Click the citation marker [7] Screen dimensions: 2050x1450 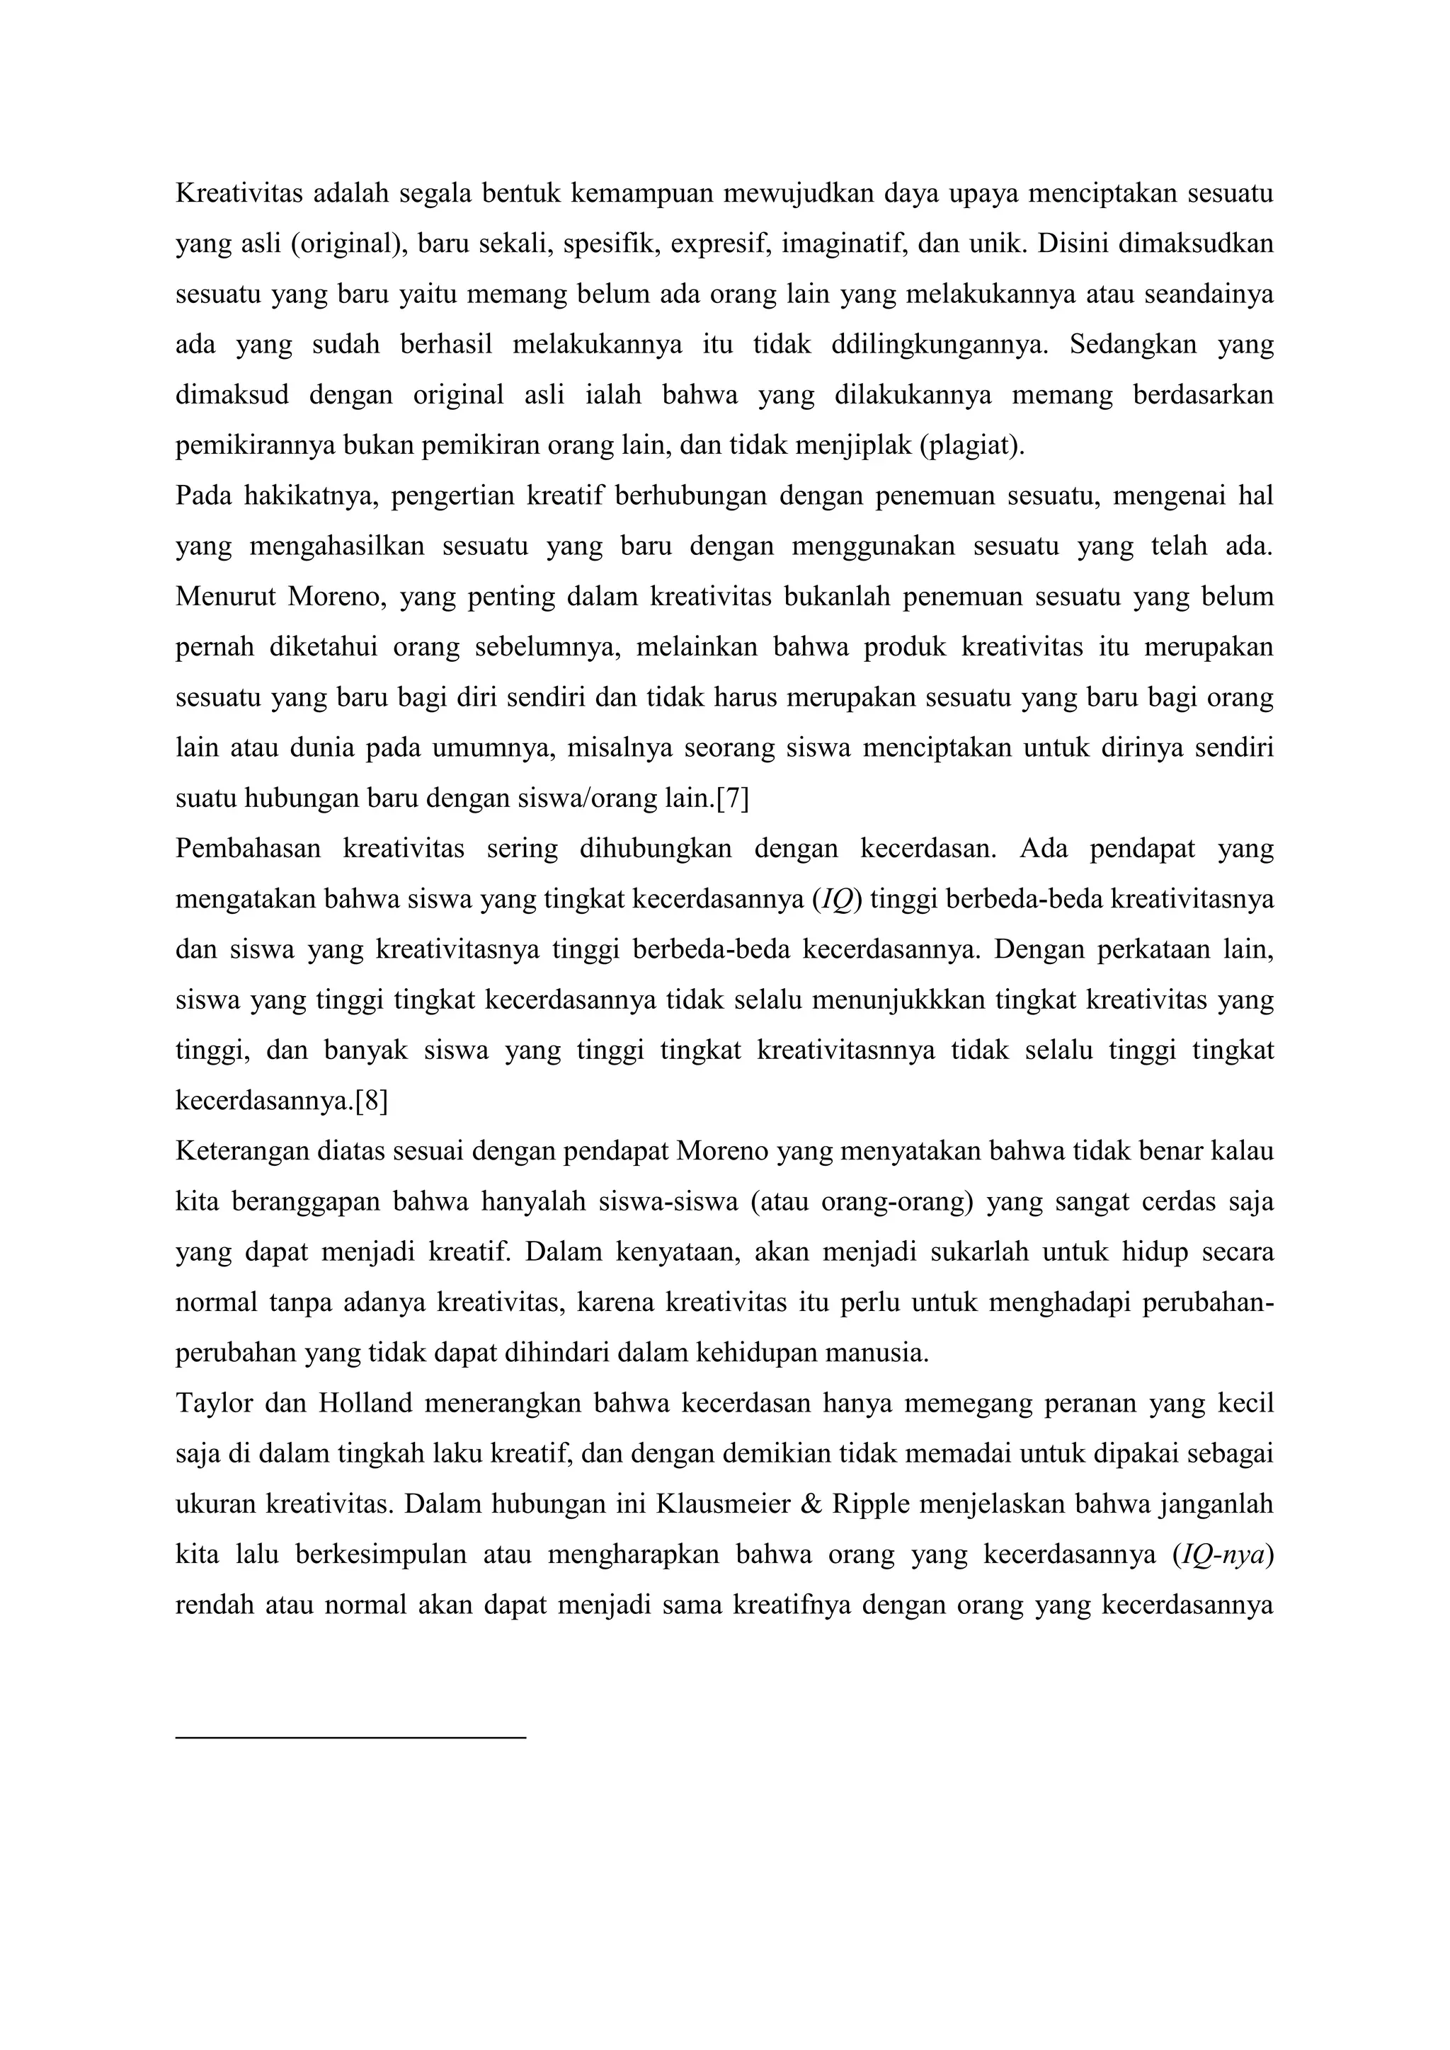732,798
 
